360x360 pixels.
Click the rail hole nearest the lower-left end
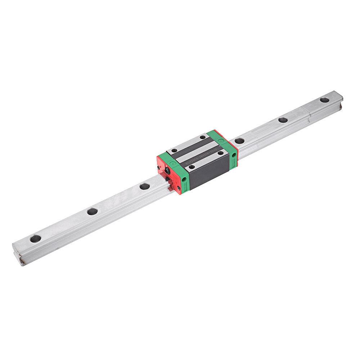[x=35, y=238]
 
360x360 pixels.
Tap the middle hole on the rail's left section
[x=92, y=211]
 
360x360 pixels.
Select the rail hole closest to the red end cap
[x=144, y=186]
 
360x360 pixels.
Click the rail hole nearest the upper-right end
[x=324, y=100]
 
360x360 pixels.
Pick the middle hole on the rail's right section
[x=283, y=120]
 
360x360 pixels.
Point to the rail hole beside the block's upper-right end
[x=239, y=141]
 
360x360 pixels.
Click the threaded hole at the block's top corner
[x=203, y=137]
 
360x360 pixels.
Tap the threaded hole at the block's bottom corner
[x=192, y=167]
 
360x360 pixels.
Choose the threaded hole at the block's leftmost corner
[x=174, y=150]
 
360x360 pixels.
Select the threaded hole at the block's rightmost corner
[x=220, y=153]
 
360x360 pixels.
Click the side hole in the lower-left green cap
[x=184, y=179]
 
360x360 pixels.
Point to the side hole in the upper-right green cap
[x=234, y=155]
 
